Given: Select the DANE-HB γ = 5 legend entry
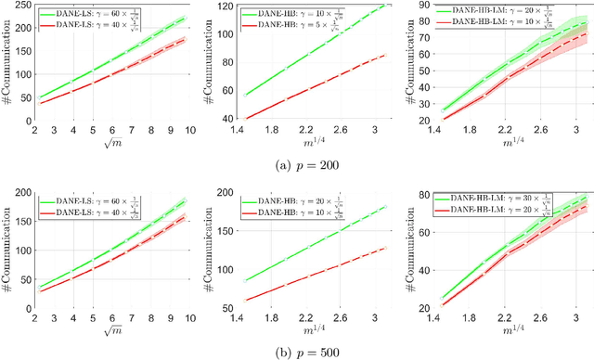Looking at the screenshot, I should pyautogui.click(x=276, y=24).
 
